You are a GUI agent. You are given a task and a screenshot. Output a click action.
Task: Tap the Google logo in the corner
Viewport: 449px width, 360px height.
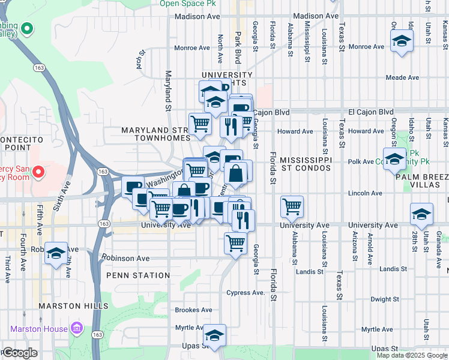coord(19,353)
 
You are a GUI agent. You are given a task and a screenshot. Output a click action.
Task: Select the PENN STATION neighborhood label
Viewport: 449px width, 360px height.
coord(138,275)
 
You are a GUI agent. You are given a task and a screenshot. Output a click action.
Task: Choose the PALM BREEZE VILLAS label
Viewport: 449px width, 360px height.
coord(422,181)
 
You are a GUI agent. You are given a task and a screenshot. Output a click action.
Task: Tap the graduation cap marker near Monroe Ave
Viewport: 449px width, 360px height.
coord(401,41)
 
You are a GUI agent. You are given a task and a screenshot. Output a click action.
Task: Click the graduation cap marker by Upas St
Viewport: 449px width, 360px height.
coord(214,335)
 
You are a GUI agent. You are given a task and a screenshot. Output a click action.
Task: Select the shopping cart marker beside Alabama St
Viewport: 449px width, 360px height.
coord(292,206)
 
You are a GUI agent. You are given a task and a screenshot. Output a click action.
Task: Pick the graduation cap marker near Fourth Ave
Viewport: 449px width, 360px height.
coord(56,253)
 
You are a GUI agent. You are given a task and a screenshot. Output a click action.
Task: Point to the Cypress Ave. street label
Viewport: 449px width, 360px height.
coord(246,293)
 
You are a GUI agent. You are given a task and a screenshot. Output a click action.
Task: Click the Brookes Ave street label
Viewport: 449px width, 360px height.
coord(193,310)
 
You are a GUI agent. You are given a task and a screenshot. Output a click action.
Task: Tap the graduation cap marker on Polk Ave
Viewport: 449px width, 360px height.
coord(394,159)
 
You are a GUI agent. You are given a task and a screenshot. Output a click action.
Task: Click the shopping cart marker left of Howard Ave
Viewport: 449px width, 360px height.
coord(200,124)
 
